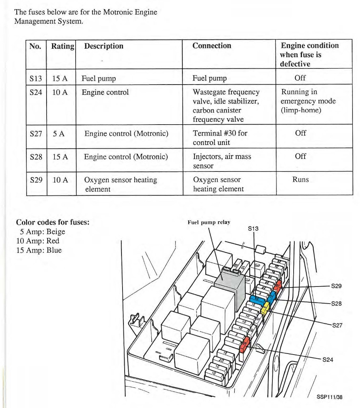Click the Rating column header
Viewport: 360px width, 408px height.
(x=63, y=46)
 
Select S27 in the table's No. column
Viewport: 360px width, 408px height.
(x=36, y=133)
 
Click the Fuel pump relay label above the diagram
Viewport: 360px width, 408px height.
(x=209, y=222)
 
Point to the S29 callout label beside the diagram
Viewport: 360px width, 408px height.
(x=336, y=286)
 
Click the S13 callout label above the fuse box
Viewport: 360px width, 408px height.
(x=253, y=229)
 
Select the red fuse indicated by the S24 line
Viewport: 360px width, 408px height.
(x=245, y=344)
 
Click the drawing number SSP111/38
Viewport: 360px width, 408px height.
(x=329, y=397)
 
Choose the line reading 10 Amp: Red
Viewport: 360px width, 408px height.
(x=38, y=241)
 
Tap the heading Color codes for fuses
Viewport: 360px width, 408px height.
(x=53, y=222)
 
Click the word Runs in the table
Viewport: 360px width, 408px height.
(x=300, y=180)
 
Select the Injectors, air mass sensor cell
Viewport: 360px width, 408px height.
(x=222, y=161)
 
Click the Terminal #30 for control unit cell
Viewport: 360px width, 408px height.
(x=220, y=138)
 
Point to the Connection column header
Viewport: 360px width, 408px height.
(x=212, y=46)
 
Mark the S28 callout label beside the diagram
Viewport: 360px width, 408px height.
(x=336, y=304)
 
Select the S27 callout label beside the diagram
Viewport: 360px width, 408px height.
(x=337, y=325)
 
